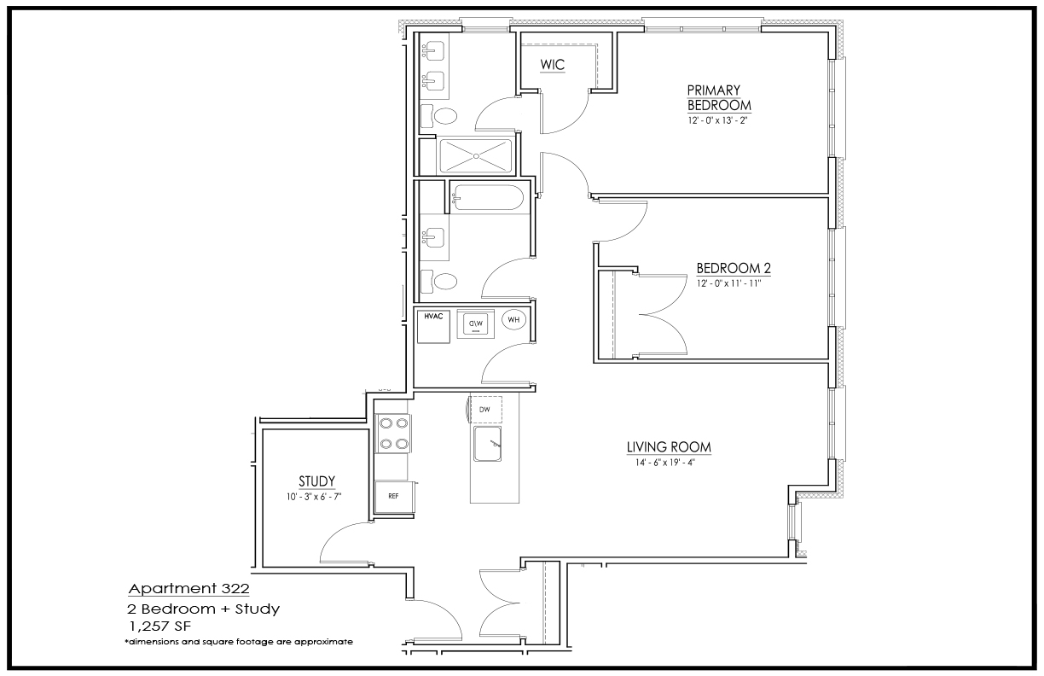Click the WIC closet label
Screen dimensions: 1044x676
553,64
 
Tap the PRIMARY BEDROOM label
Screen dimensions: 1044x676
719,97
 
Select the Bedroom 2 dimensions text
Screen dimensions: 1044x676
729,283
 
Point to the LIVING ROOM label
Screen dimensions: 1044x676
669,447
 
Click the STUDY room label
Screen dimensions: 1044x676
317,481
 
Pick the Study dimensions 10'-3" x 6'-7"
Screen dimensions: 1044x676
314,497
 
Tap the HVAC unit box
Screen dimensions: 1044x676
433,327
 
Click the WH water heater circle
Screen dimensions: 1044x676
513,319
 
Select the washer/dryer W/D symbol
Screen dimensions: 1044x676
475,323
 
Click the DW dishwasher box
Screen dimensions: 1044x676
485,409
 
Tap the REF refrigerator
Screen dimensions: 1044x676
394,497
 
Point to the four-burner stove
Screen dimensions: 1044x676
393,434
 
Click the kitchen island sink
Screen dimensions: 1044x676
488,444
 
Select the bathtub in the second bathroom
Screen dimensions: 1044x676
488,198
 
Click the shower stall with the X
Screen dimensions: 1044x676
476,156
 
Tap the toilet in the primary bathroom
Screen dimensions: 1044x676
438,116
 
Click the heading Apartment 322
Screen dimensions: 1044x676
188,588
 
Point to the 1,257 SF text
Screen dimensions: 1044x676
159,626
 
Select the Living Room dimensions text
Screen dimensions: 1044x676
665,463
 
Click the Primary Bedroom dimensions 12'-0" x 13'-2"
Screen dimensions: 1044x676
718,120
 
